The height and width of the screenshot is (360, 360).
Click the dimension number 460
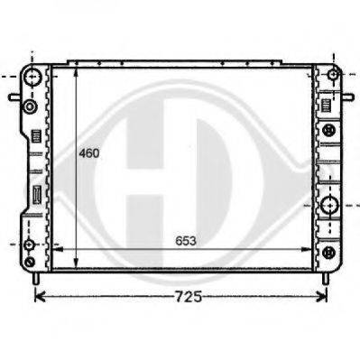click(x=89, y=153)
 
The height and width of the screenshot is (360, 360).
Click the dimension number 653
click(x=186, y=241)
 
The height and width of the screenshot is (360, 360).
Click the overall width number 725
click(x=189, y=297)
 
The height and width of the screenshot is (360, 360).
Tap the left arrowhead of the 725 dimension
click(x=40, y=297)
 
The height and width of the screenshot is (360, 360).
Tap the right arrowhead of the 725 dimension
click(x=322, y=297)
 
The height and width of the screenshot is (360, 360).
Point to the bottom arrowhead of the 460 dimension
click(x=77, y=263)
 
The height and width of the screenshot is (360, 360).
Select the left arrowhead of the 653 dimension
click(x=58, y=249)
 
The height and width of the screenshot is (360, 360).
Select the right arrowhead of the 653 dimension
click(x=307, y=249)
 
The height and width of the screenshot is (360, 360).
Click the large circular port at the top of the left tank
click(x=32, y=78)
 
